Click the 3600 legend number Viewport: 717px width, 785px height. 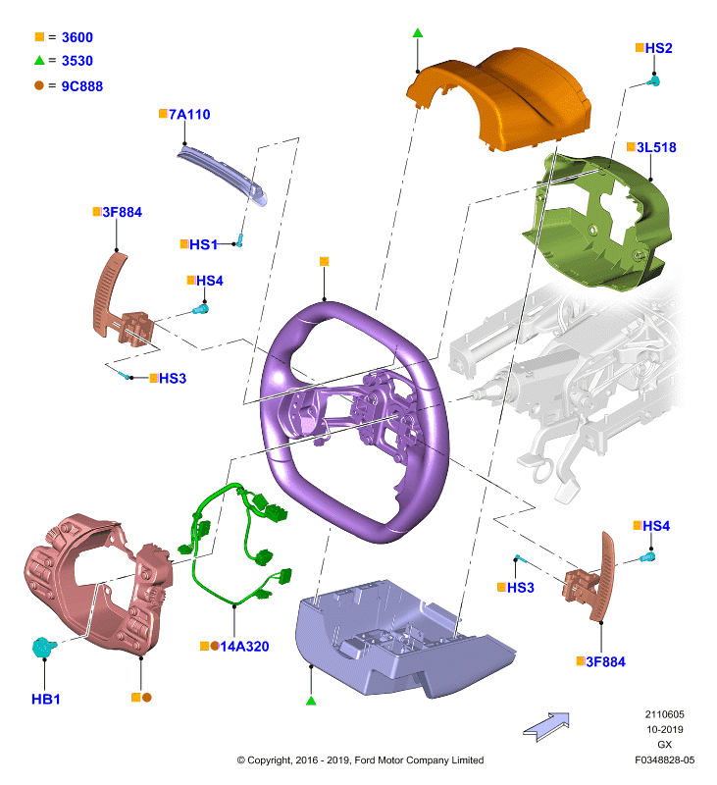tap(77, 37)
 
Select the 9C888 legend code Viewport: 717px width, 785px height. tap(82, 86)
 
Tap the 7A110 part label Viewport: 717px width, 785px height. tap(189, 115)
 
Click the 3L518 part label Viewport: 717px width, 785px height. tap(656, 147)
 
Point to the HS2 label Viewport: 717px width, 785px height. tap(658, 48)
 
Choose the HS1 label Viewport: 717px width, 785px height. tap(203, 244)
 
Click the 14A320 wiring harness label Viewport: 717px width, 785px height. tap(244, 647)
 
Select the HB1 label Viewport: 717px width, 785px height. tap(45, 699)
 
